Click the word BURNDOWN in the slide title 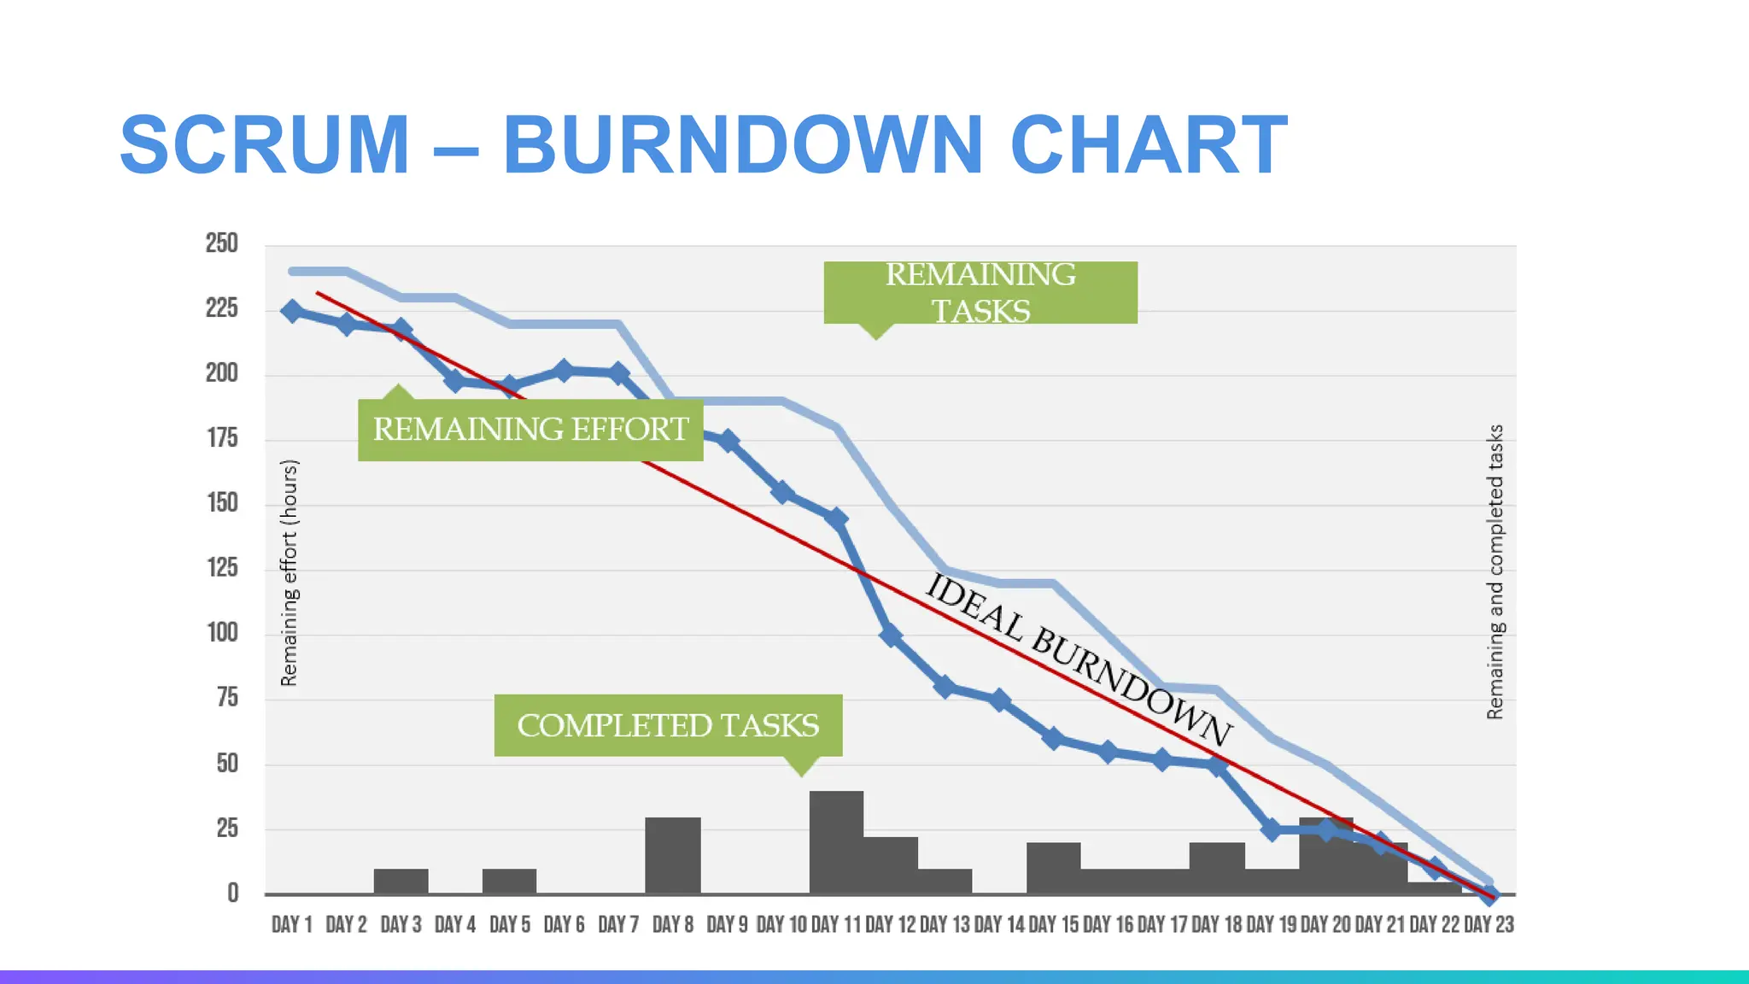click(x=743, y=145)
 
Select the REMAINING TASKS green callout click(x=980, y=292)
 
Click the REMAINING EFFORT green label click(x=530, y=430)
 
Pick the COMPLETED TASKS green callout click(x=668, y=725)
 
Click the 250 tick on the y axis click(x=221, y=243)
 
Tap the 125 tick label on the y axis click(x=222, y=568)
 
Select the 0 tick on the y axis click(x=232, y=893)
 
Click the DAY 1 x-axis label click(x=292, y=924)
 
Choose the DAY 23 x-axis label click(x=1489, y=924)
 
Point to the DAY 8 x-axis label click(x=673, y=924)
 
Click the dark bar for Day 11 click(x=836, y=842)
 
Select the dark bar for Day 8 click(x=673, y=855)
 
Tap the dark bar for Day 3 click(x=401, y=881)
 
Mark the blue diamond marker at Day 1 click(x=292, y=311)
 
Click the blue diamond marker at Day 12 click(x=890, y=635)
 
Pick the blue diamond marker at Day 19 click(x=1271, y=829)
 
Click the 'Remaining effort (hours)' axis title click(x=290, y=572)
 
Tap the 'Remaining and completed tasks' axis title click(x=1495, y=572)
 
